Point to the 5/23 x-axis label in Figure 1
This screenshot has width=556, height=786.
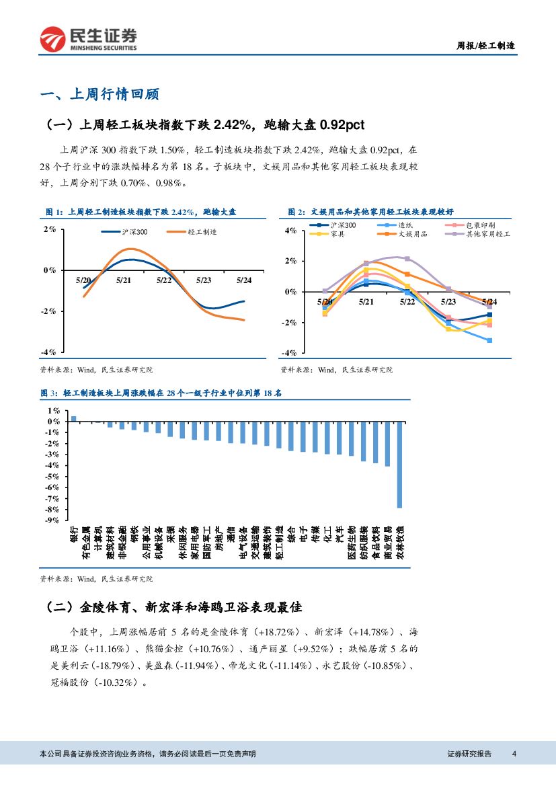tap(204, 280)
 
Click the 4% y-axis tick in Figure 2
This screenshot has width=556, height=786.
tap(290, 231)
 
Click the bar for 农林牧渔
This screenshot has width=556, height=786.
tap(399, 464)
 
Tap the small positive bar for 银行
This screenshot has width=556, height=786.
tap(74, 418)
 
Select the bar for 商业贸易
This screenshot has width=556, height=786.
tap(387, 443)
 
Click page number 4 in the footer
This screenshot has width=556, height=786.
tap(514, 754)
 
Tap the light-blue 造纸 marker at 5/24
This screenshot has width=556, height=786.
tap(489, 340)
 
